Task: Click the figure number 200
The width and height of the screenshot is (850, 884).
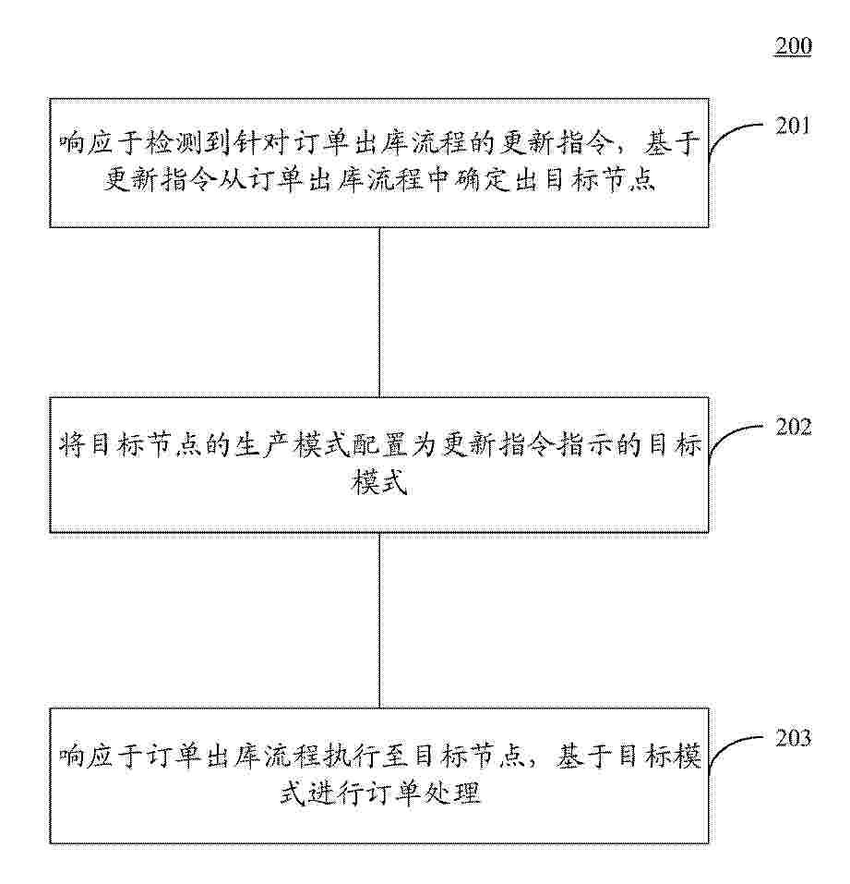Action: (793, 45)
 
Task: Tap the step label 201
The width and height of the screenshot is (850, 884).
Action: (793, 126)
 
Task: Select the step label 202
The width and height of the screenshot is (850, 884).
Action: (793, 427)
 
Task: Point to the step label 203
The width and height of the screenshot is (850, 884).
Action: (793, 738)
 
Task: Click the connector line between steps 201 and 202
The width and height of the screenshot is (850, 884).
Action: (379, 312)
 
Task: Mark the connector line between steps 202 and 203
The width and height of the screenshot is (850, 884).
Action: (379, 620)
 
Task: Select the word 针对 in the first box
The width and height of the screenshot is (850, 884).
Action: (260, 143)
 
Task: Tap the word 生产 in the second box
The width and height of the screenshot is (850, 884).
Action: (261, 445)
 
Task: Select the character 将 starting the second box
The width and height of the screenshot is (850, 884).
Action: (72, 445)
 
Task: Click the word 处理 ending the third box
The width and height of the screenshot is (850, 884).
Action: (453, 793)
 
